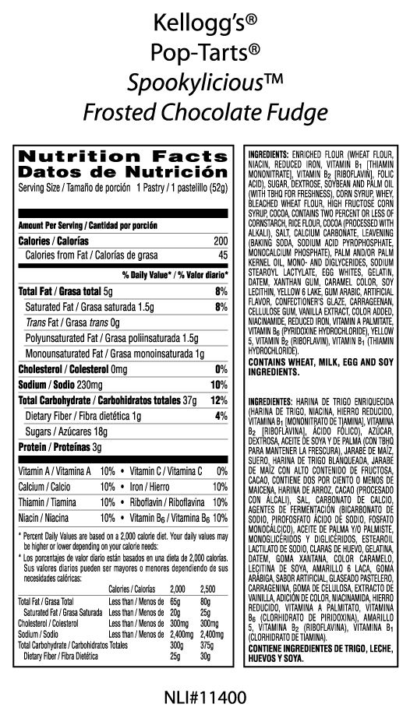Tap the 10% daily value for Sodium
[x=219, y=385]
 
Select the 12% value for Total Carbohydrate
[x=219, y=400]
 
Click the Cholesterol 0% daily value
[x=221, y=369]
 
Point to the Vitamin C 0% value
[x=221, y=471]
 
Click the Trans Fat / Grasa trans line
[x=71, y=322]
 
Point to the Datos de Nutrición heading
[x=122, y=171]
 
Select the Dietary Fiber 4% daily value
[x=221, y=416]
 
